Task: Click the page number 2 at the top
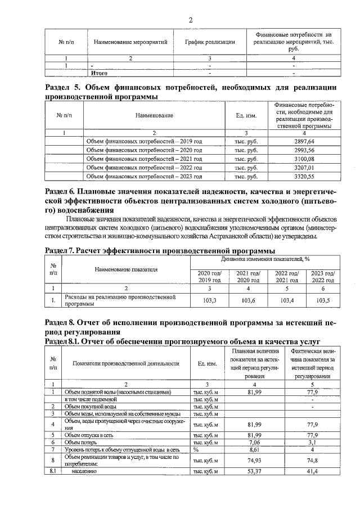[x=190, y=21]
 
